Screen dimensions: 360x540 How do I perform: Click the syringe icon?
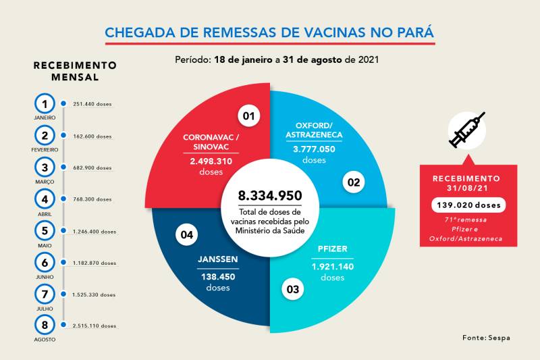pyautogui.click(x=467, y=130)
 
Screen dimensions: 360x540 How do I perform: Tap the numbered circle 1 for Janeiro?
pyautogui.click(x=45, y=104)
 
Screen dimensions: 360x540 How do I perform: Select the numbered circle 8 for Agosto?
pyautogui.click(x=45, y=325)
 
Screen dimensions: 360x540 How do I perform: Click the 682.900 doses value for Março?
pyautogui.click(x=92, y=168)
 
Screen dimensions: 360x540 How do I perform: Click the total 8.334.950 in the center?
pyautogui.click(x=269, y=196)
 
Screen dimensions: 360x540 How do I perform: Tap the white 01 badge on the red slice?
pyautogui.click(x=249, y=116)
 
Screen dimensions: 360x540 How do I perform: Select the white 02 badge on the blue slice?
pyautogui.click(x=353, y=181)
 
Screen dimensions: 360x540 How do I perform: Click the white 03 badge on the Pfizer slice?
pyautogui.click(x=292, y=290)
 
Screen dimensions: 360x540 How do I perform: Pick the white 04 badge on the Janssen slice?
pyautogui.click(x=187, y=234)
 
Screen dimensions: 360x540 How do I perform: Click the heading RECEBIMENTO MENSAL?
pyautogui.click(x=75, y=71)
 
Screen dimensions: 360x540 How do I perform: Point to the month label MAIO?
pyautogui.click(x=45, y=245)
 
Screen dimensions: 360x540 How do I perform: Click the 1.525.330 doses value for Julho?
pyautogui.click(x=94, y=294)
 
